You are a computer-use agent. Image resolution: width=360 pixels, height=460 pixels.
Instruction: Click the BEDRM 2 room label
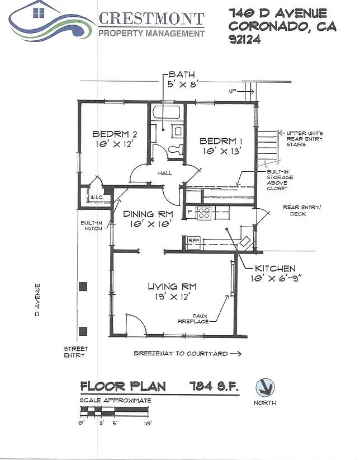point(115,134)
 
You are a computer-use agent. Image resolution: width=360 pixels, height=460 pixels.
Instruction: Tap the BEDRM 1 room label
point(221,141)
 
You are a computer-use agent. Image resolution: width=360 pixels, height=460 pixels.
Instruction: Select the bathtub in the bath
point(167,112)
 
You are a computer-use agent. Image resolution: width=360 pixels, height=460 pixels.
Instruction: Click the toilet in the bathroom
point(176,149)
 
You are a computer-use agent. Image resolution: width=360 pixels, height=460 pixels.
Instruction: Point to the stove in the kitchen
point(203,213)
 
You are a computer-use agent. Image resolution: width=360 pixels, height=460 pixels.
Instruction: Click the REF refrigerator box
point(194,241)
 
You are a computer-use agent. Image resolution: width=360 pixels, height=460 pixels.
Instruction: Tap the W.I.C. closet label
point(97,198)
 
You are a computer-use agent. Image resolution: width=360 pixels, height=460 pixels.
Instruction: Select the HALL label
point(165,173)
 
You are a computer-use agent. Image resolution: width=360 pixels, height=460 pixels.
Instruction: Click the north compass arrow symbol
point(265,388)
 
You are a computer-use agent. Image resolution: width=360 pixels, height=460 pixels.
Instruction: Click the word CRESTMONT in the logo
point(151,19)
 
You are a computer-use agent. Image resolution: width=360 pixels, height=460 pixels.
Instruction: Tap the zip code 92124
point(245,39)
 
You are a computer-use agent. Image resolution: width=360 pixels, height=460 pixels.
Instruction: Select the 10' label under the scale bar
point(148,423)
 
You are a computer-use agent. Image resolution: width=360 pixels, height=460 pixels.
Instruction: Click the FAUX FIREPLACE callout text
point(193,318)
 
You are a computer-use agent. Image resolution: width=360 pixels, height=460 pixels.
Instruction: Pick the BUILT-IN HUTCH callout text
point(92,226)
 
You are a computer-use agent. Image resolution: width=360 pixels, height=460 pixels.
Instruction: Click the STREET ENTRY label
point(76,352)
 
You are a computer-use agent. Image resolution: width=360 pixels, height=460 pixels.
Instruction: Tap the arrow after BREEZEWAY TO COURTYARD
point(235,354)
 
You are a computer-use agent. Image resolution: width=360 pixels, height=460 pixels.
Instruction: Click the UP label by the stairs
point(233,91)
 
